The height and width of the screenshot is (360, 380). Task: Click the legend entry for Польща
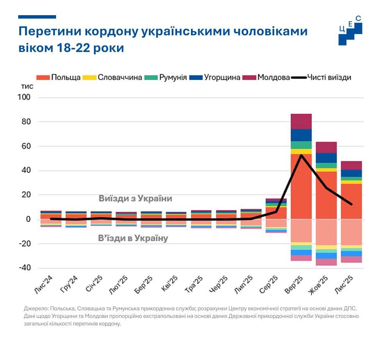(59, 77)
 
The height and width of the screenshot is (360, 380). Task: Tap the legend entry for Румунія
(167, 77)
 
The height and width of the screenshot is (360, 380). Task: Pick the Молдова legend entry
(267, 77)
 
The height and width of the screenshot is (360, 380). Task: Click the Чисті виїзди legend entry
(322, 77)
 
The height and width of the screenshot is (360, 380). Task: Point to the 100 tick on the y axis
(23, 97)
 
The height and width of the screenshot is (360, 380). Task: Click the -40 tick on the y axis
(23, 268)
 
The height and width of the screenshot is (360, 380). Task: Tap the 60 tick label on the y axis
(25, 146)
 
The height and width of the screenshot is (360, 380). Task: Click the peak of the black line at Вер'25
(301, 155)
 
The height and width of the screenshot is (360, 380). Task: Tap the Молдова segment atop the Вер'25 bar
(301, 121)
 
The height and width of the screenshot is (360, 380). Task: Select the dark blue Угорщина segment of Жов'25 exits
(326, 158)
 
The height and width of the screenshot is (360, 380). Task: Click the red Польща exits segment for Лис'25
(351, 201)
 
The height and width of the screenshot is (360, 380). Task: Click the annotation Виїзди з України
(135, 198)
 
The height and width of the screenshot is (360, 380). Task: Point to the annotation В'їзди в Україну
(133, 239)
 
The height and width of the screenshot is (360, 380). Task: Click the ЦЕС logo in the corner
(350, 30)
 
